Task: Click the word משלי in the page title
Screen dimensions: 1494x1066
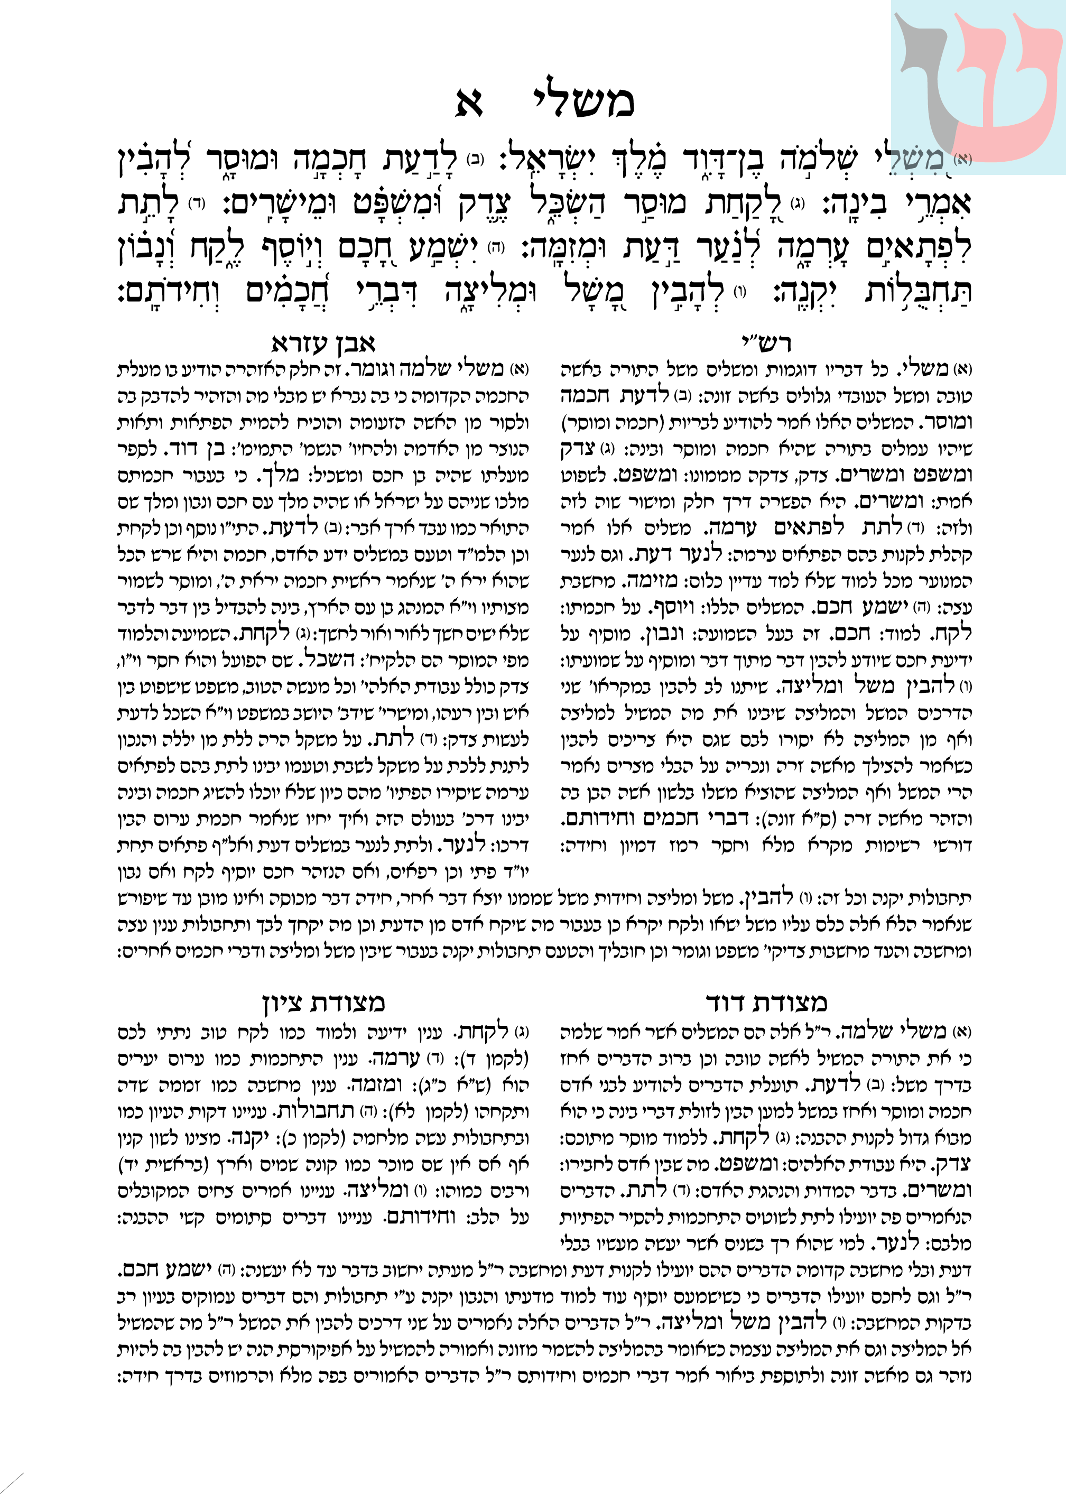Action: coord(581,102)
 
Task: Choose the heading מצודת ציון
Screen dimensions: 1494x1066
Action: coord(323,1003)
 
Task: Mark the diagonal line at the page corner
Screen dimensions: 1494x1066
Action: coord(12,1482)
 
